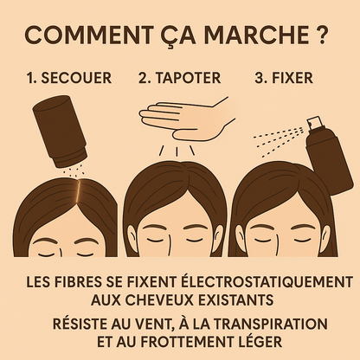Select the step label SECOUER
pos(76,78)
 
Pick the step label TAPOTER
pos(187,78)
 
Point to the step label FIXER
pos(292,78)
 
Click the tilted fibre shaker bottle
pos(59,132)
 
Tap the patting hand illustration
pos(188,118)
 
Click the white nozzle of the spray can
pos(315,122)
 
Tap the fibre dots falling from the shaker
pos(74,171)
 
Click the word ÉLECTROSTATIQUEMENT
pos(267,281)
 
